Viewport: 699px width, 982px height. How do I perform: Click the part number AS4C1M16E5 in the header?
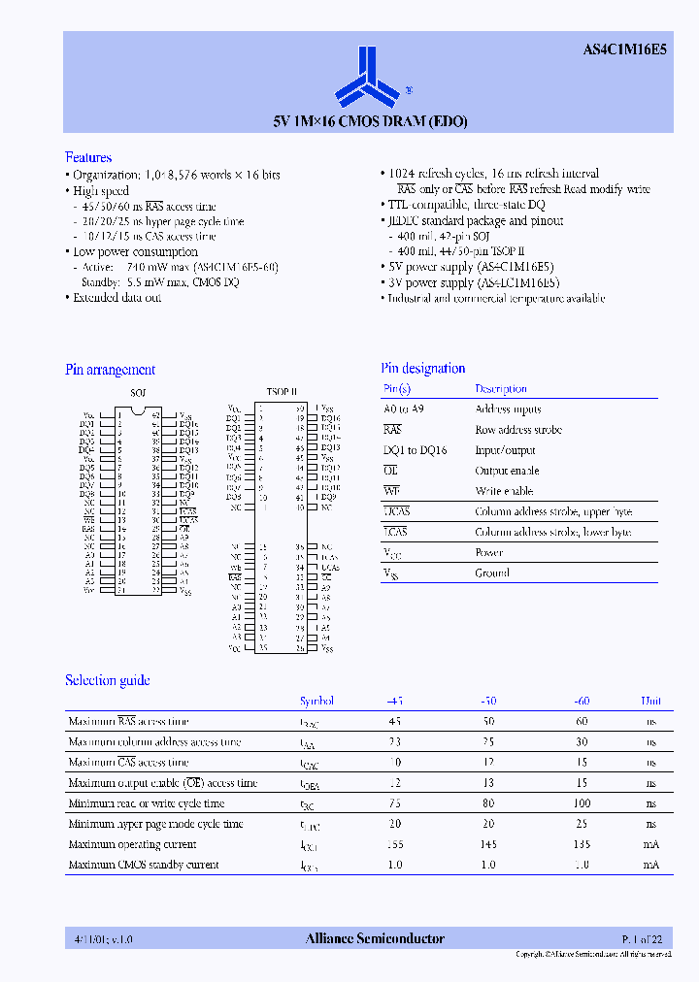click(625, 51)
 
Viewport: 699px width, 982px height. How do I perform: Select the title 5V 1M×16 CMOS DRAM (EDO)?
click(370, 122)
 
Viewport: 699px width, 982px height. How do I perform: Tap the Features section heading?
click(88, 157)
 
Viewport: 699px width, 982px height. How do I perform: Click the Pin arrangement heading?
click(110, 370)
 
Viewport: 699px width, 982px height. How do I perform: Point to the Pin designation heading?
click(422, 369)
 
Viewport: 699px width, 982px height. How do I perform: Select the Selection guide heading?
click(107, 680)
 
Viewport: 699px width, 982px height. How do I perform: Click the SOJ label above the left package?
click(137, 393)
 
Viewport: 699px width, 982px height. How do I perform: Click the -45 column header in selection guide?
click(395, 701)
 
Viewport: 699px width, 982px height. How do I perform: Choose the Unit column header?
click(650, 701)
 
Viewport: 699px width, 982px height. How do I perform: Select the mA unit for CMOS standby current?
click(650, 865)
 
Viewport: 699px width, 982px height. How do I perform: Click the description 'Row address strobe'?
click(518, 430)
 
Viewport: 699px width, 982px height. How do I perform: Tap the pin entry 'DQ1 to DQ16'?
click(415, 450)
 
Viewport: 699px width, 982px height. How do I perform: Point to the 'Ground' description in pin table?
click(492, 573)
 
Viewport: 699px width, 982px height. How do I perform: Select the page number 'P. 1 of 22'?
click(643, 938)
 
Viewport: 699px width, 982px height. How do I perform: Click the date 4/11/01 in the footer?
click(83, 939)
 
